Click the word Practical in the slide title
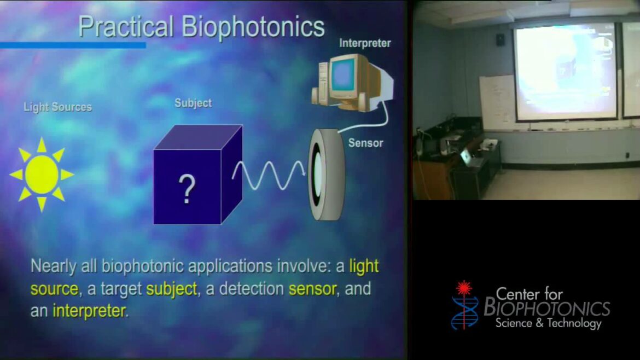pyautogui.click(x=125, y=27)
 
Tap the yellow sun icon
pyautogui.click(x=42, y=175)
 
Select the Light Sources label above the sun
pyautogui.click(x=57, y=107)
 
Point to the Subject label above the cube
pyautogui.click(x=193, y=103)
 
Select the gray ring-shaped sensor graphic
pyautogui.click(x=325, y=174)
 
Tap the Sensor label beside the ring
pyautogui.click(x=365, y=143)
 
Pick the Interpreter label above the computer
pyautogui.click(x=365, y=43)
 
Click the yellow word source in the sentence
pyautogui.click(x=54, y=289)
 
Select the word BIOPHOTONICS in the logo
pyautogui.click(x=547, y=309)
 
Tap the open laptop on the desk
pyautogui.click(x=468, y=157)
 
